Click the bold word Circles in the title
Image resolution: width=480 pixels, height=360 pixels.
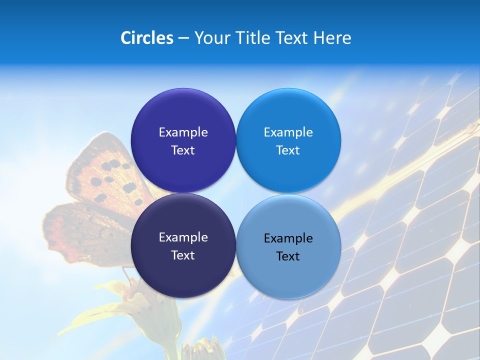tap(147, 38)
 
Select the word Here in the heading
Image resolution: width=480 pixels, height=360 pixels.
tap(332, 38)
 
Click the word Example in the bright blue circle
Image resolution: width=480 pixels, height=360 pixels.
tap(288, 132)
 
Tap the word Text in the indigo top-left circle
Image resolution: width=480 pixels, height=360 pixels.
tap(183, 150)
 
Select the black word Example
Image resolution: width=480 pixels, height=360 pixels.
tap(288, 238)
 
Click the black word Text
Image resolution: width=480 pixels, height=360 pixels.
tap(288, 256)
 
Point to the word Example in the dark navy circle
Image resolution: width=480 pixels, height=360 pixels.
tap(183, 237)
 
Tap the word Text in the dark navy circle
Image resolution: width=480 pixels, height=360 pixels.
tap(183, 255)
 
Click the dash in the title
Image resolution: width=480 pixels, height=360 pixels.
tap(183, 38)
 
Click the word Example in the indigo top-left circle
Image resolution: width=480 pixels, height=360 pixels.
tap(183, 132)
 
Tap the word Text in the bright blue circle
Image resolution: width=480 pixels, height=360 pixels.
tap(288, 150)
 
